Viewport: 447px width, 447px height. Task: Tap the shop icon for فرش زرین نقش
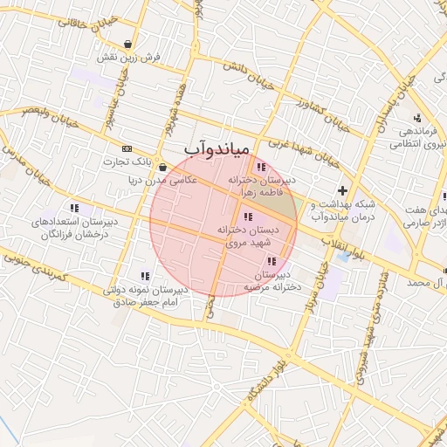[x=129, y=44]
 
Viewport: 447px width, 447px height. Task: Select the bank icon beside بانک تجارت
[x=128, y=148]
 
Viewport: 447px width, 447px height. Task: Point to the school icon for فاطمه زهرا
[x=259, y=168]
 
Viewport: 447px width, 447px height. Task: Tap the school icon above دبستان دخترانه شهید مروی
[x=249, y=217]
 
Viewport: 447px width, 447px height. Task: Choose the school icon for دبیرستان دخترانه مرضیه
[x=272, y=261]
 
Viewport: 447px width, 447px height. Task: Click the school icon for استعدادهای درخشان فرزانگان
[x=73, y=209]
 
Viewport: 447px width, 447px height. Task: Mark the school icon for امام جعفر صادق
[x=145, y=276]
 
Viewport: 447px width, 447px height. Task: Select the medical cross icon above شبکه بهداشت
[x=342, y=189]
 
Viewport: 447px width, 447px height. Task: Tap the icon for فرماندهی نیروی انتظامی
[x=417, y=118]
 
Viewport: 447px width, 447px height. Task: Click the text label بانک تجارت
[x=100, y=162]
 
